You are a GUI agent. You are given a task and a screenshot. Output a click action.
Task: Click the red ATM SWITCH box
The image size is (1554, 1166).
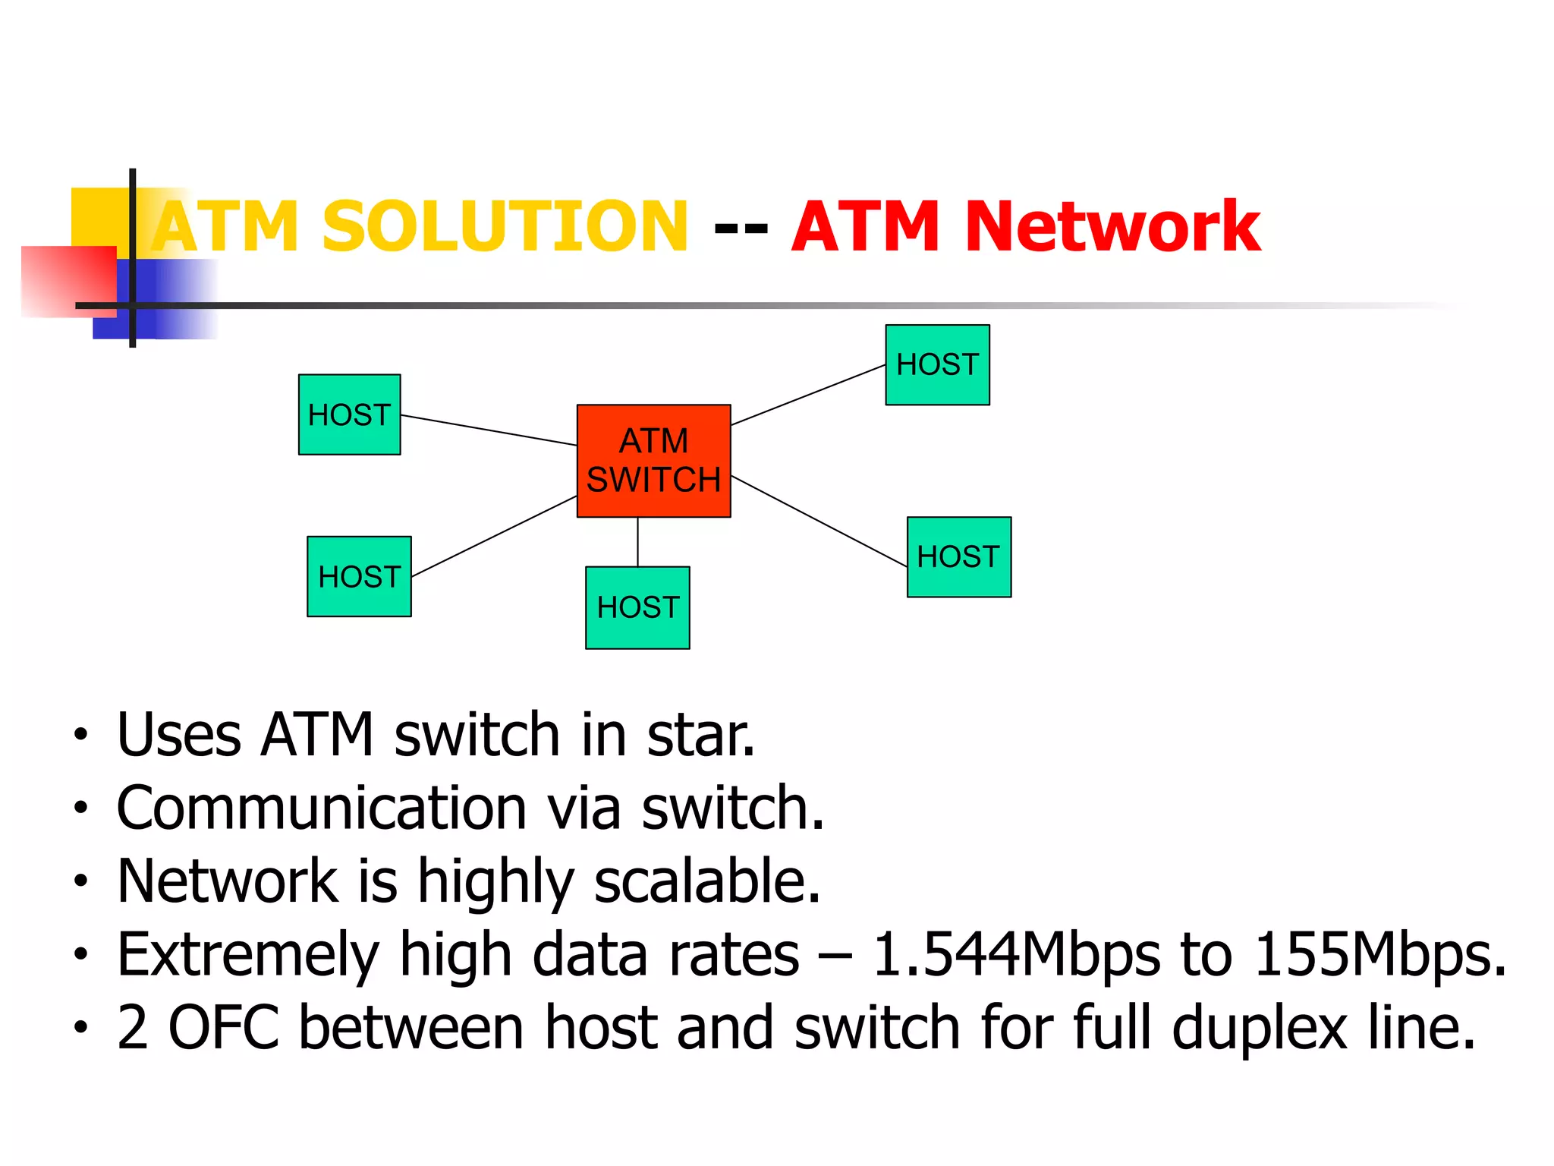click(x=653, y=461)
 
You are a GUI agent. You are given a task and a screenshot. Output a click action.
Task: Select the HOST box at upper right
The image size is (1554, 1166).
click(x=937, y=365)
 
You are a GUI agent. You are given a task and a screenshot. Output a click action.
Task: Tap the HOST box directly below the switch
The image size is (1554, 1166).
click(x=637, y=607)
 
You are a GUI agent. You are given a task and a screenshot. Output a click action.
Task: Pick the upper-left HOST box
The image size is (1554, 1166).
click(x=349, y=414)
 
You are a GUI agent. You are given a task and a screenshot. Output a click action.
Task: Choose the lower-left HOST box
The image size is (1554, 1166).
click(x=359, y=576)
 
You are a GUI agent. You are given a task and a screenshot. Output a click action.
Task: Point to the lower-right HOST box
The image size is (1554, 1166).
click(x=958, y=557)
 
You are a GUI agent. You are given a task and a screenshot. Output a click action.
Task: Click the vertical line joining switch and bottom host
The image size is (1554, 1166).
click(x=637, y=542)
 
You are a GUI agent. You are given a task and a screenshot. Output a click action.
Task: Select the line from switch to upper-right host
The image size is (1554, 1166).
click(x=808, y=395)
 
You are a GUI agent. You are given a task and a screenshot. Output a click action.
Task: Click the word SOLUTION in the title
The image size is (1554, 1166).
click(x=505, y=226)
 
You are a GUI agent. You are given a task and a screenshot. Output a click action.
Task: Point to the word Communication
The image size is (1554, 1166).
click(x=322, y=808)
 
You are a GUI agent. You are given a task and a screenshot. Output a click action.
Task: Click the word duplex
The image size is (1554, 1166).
click(x=1259, y=1029)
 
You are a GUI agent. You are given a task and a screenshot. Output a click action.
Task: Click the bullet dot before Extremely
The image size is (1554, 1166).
click(x=80, y=954)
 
